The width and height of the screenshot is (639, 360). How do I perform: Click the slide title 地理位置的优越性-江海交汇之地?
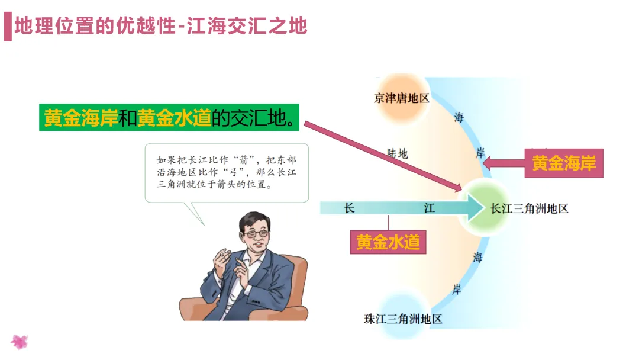[160, 27]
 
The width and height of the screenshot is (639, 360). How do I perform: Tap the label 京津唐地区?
[402, 98]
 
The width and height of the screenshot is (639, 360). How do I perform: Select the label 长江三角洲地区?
[530, 208]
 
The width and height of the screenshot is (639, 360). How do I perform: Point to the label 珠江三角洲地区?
[403, 319]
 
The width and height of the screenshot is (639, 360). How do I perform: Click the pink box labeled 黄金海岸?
[563, 163]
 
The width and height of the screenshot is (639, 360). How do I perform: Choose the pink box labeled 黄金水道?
[388, 242]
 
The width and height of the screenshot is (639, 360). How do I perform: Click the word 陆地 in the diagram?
[398, 154]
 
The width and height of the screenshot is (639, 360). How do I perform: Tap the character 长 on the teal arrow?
[349, 208]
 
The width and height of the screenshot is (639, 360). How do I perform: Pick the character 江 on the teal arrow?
[430, 208]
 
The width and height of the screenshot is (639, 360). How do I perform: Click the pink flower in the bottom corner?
[20, 342]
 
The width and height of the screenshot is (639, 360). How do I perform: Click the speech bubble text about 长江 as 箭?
[226, 172]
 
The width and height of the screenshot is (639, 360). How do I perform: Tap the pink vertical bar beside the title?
[7, 27]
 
